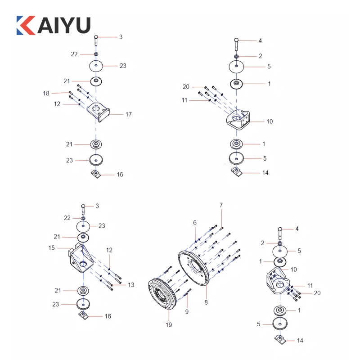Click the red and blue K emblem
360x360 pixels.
(x=25, y=25)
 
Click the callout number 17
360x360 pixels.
(x=129, y=114)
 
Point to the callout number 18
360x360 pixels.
(x=46, y=93)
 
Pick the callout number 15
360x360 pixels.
(x=52, y=248)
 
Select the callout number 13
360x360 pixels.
(x=131, y=285)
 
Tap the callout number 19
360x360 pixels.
(x=169, y=325)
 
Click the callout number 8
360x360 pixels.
(x=206, y=302)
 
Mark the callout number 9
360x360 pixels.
(x=187, y=312)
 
